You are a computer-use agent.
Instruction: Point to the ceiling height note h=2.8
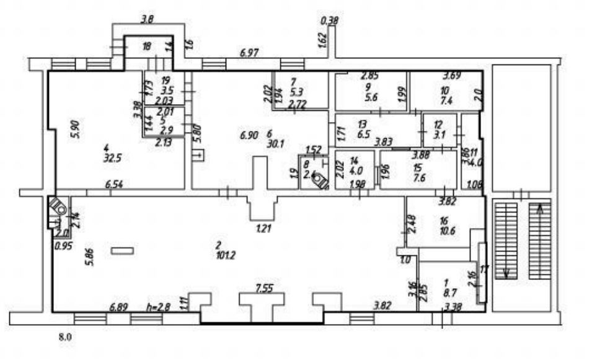(x=158, y=306)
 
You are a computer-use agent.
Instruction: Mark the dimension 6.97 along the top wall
(x=249, y=55)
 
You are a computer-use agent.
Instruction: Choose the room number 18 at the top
(x=146, y=46)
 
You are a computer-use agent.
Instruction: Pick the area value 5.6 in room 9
(x=372, y=98)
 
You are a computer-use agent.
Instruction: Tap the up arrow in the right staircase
(x=540, y=209)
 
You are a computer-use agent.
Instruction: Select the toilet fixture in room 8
(x=320, y=181)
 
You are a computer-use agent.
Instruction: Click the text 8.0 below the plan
(x=65, y=338)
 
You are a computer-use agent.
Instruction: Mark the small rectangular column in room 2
(x=122, y=250)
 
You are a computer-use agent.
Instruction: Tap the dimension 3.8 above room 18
(x=147, y=19)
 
